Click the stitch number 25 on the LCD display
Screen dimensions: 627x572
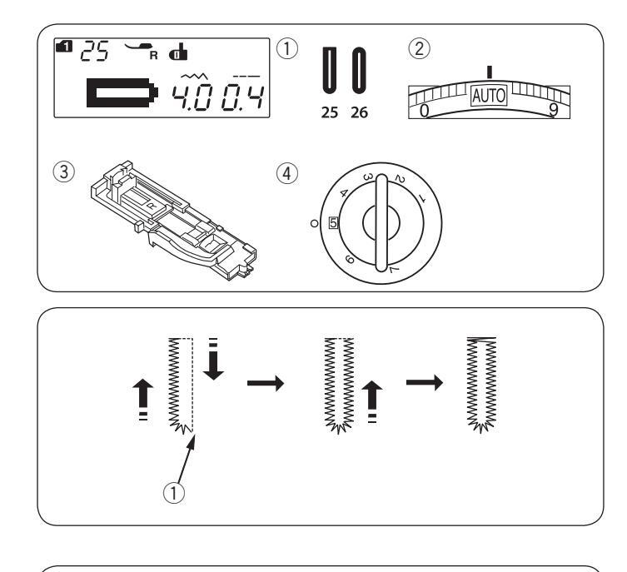[94, 51]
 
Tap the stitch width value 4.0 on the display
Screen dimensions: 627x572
[191, 97]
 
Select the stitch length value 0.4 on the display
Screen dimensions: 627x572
[242, 97]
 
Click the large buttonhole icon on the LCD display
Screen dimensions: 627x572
[122, 92]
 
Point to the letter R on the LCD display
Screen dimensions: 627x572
[153, 56]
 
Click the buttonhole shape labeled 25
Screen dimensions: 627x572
[330, 70]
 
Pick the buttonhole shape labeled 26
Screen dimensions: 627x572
[359, 70]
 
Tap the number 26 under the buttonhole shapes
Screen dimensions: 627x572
[359, 112]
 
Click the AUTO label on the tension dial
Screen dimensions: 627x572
[489, 96]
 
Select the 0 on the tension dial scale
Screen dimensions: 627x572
[425, 111]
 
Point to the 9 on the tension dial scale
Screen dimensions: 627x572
[554, 109]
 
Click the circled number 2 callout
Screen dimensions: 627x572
[419, 49]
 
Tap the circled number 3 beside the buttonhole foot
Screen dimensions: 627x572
[64, 172]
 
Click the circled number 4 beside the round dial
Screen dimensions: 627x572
[287, 173]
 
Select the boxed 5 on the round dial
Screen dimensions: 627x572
[333, 222]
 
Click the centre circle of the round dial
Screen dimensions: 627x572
[381, 223]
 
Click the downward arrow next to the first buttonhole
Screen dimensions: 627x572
[213, 359]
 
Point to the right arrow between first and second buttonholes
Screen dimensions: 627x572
[266, 383]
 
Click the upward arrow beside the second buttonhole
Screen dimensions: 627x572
[372, 401]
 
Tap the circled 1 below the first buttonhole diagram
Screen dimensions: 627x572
[174, 492]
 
